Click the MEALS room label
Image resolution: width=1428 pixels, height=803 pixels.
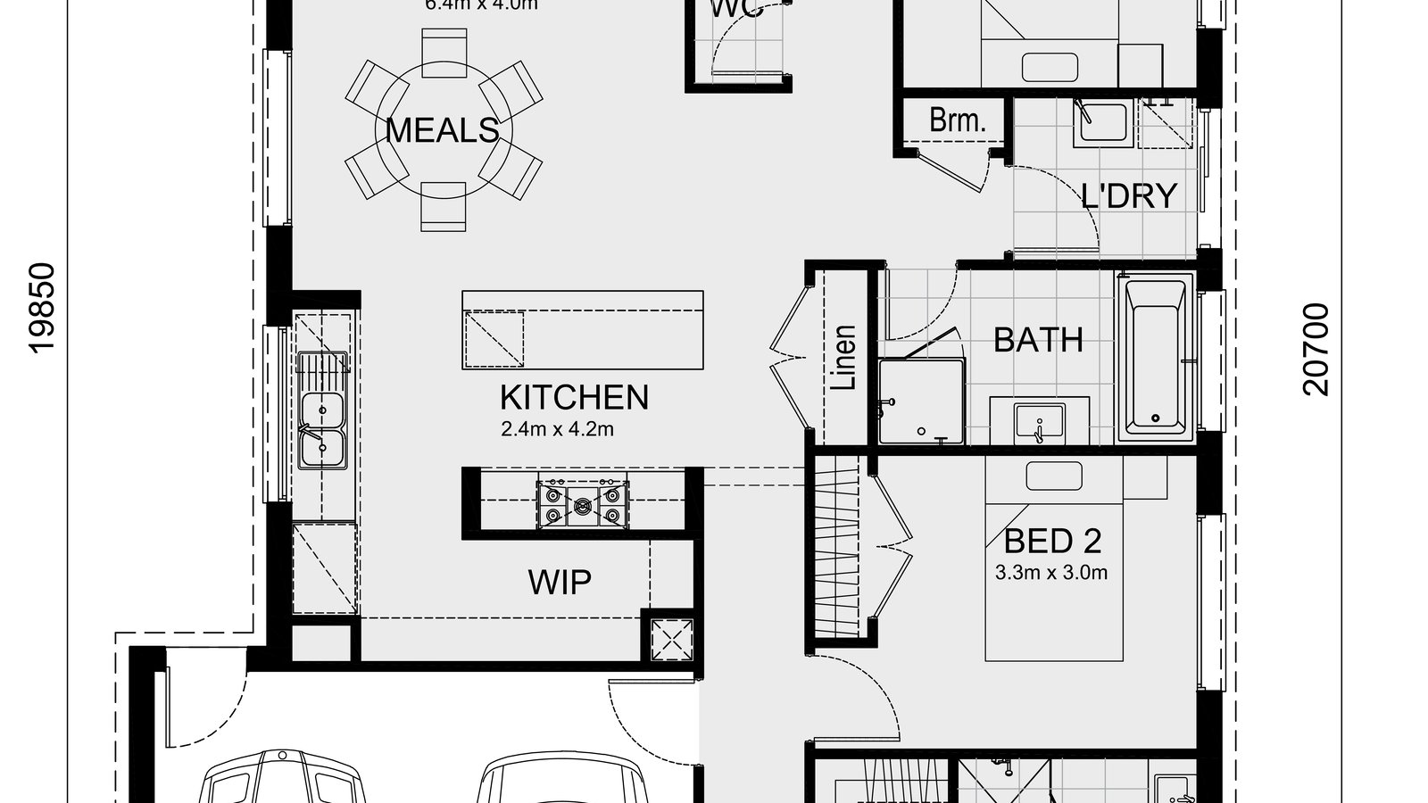[x=443, y=130]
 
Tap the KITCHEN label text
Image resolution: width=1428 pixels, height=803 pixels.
[x=574, y=397]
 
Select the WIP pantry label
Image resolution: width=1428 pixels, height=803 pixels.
[x=560, y=582]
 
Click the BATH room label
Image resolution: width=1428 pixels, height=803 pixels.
[x=1038, y=340]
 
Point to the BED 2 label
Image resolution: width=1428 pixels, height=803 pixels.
[x=1052, y=541]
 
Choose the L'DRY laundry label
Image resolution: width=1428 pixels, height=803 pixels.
[x=1129, y=196]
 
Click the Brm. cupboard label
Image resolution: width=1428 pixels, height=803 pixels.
[x=957, y=120]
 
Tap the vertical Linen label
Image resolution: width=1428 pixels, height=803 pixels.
[x=844, y=358]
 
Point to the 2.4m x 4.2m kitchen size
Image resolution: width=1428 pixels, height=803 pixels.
[x=557, y=429]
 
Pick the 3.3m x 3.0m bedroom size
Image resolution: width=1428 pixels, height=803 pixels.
[x=1051, y=572]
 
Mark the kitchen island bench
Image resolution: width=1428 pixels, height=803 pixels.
[x=582, y=329]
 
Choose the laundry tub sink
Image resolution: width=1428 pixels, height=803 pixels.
[x=1102, y=120]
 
